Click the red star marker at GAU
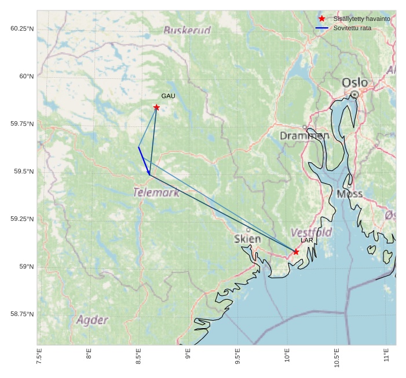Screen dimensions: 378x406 coord(156,107)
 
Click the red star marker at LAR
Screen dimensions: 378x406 coord(296,252)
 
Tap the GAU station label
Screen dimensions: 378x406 coord(168,96)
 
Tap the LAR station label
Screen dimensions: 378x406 coord(306,240)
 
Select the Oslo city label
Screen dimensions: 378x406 coord(354,83)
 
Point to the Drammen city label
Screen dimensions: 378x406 coord(305,136)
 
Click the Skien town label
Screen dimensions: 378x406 coord(247,238)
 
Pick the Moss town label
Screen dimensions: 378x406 coord(349,194)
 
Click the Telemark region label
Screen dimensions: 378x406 coord(156,192)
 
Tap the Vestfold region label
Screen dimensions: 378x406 coord(311,232)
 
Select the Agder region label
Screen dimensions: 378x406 coord(92,320)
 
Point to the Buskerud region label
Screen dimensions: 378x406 coord(186,30)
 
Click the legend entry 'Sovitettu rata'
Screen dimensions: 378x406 coord(352,28)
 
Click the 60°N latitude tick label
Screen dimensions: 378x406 coord(27,76)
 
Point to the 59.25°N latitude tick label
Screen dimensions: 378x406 coord(22,219)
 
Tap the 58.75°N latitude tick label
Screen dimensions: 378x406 coord(22,314)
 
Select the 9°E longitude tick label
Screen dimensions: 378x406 coord(188,356)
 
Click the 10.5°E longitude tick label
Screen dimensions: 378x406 coord(336,358)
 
